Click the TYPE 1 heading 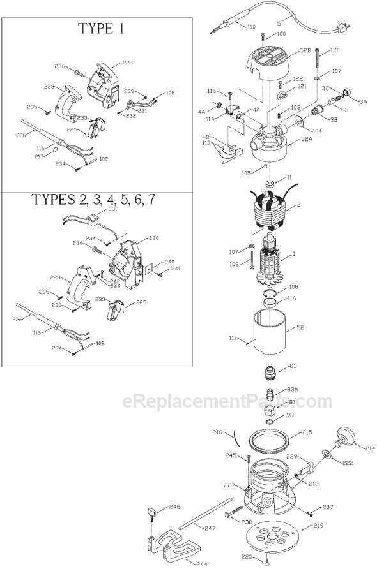100,29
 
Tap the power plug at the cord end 342,26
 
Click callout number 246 174,508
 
